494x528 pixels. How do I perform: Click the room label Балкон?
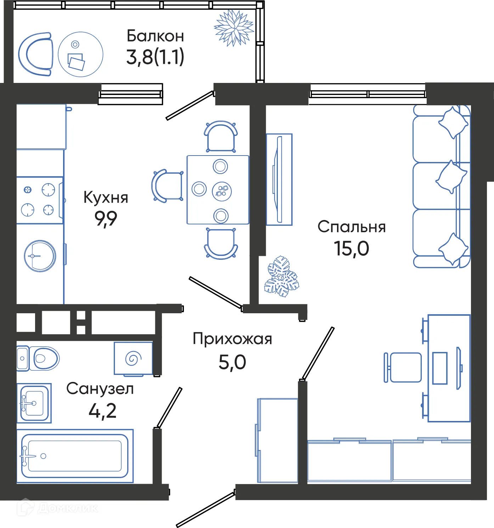(x=155, y=36)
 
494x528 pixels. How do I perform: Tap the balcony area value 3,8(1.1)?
(x=155, y=57)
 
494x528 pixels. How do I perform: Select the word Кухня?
(x=106, y=197)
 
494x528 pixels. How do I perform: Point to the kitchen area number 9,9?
(x=106, y=218)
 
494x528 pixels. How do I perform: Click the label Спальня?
(x=351, y=227)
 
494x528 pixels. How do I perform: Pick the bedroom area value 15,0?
(x=351, y=248)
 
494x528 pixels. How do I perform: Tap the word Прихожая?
(x=232, y=339)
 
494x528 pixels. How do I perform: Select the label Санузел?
(x=100, y=389)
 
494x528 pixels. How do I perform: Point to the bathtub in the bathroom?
(x=74, y=456)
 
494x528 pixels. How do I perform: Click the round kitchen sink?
(x=40, y=256)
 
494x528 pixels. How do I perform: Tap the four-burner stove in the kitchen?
(x=39, y=200)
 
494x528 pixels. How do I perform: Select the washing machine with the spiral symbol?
(x=133, y=358)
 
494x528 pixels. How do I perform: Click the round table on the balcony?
(x=80, y=54)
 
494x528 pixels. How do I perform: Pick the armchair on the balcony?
(x=35, y=54)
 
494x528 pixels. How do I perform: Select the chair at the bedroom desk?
(x=403, y=367)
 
